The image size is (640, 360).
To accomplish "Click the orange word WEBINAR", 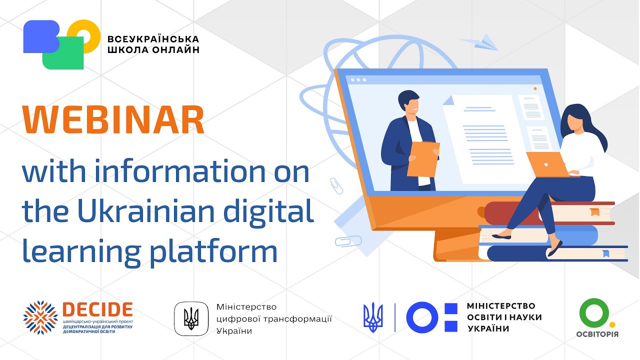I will pyautogui.click(x=113, y=120).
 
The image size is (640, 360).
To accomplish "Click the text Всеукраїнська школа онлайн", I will pyautogui.click(x=153, y=44).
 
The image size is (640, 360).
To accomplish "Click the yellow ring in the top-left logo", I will pyautogui.click(x=85, y=36).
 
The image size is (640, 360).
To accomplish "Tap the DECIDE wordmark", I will pyautogui.click(x=97, y=309).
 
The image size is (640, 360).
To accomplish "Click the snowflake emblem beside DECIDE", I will pyautogui.click(x=40, y=317).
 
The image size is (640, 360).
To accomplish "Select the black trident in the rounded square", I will pyautogui.click(x=191, y=318).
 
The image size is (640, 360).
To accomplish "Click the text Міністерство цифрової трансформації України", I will pyautogui.click(x=273, y=319).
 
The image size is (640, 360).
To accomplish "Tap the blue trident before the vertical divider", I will pyautogui.click(x=373, y=318).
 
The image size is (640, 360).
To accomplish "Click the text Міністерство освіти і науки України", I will pyautogui.click(x=503, y=317).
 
